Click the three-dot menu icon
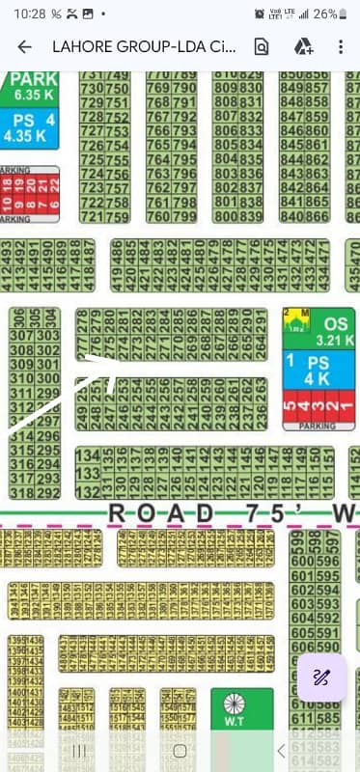click(x=340, y=46)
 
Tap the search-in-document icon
click(x=261, y=46)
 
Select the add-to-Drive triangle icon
click(x=302, y=46)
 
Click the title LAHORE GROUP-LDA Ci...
click(x=141, y=46)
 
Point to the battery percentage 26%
click(x=325, y=14)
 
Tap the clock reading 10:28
click(x=29, y=14)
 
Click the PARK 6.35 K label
click(x=34, y=87)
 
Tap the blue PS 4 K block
click(x=318, y=371)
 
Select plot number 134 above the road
click(x=87, y=455)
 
